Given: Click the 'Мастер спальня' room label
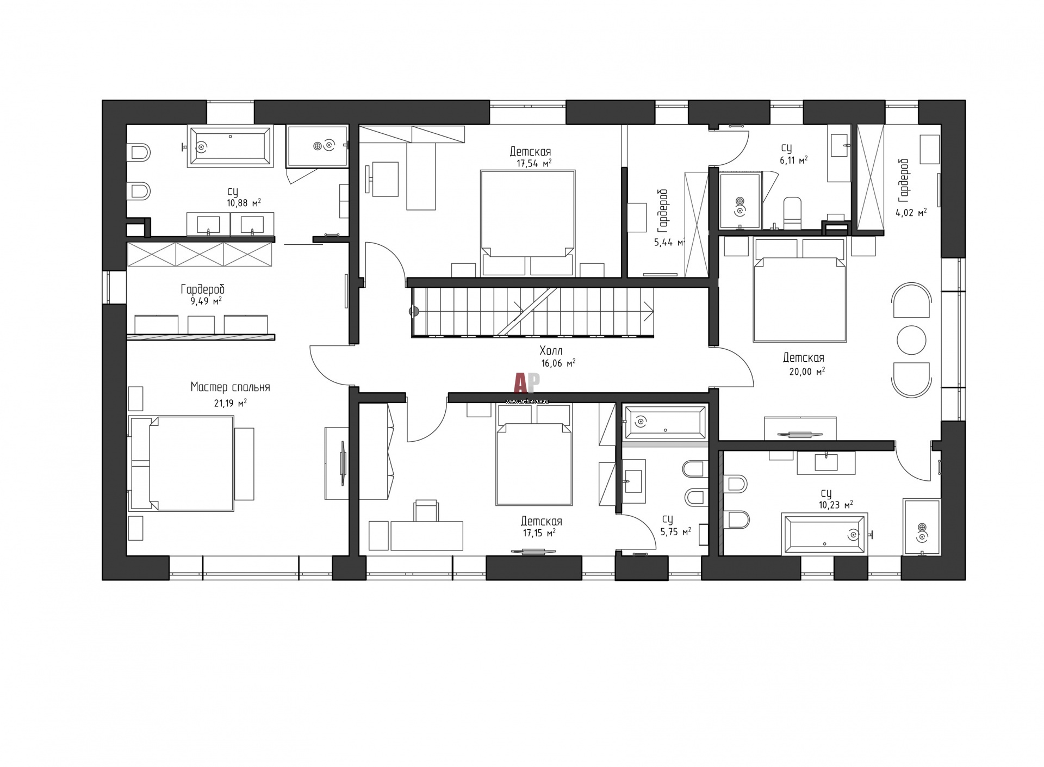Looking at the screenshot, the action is pyautogui.click(x=230, y=387).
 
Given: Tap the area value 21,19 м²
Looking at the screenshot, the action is pyautogui.click(x=231, y=403).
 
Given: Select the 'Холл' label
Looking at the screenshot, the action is pyautogui.click(x=551, y=350).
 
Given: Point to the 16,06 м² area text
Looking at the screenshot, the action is pyautogui.click(x=558, y=363).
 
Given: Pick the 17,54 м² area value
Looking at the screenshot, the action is pyautogui.click(x=534, y=163).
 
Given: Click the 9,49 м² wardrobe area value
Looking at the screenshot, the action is pyautogui.click(x=206, y=301).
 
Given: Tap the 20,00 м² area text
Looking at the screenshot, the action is pyautogui.click(x=807, y=372).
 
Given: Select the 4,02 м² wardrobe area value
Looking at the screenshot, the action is pyautogui.click(x=911, y=213).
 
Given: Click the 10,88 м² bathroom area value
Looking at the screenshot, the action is pyautogui.click(x=244, y=203).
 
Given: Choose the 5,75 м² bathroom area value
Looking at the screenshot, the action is pyautogui.click(x=676, y=532).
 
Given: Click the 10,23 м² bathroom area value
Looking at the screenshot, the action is pyautogui.click(x=836, y=505).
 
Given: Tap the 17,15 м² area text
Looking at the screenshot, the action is pyautogui.click(x=539, y=533).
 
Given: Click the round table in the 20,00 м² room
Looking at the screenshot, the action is pyautogui.click(x=911, y=340).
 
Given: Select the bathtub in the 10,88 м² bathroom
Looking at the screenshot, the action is pyautogui.click(x=229, y=146).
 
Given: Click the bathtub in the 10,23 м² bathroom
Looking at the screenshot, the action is pyautogui.click(x=823, y=534).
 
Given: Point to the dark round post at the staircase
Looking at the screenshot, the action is pyautogui.click(x=414, y=312).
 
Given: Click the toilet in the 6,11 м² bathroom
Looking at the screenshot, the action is pyautogui.click(x=792, y=213).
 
